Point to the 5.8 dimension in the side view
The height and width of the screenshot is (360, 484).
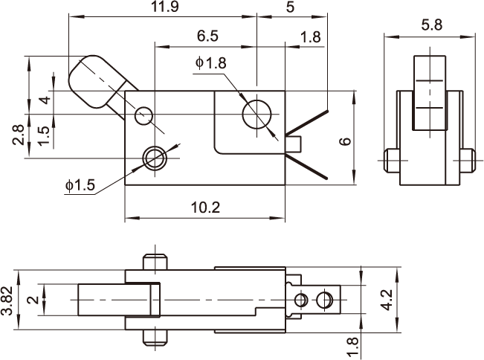[430, 25]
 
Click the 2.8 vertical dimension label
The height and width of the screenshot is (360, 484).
[17, 135]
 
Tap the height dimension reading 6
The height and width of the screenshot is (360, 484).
[345, 142]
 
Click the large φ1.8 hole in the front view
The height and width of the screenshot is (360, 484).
[257, 115]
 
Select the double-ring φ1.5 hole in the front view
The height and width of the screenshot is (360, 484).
[155, 157]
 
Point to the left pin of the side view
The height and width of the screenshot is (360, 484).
[392, 158]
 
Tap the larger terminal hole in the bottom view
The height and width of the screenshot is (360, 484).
[323, 300]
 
